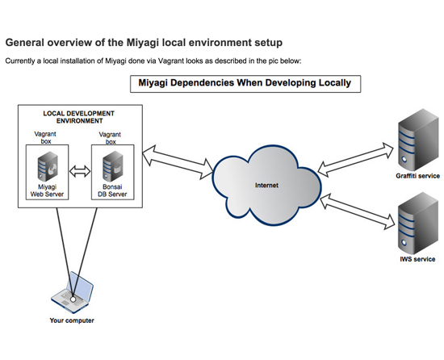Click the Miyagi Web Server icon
click(x=48, y=166)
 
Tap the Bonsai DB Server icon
click(x=113, y=166)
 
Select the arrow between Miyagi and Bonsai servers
click(x=80, y=171)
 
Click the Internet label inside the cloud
click(x=266, y=186)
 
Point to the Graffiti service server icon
click(x=418, y=140)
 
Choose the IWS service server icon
click(x=418, y=224)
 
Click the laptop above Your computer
click(x=72, y=293)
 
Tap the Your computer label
click(x=72, y=320)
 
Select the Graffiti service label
click(x=417, y=176)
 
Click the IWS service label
click(x=417, y=259)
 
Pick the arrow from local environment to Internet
click(x=178, y=162)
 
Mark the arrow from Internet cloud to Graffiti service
click(x=355, y=160)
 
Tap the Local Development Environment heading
click(x=79, y=117)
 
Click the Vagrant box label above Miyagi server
click(x=45, y=137)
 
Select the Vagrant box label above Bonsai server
click(x=110, y=138)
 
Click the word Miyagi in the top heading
click(x=142, y=43)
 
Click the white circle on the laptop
click(x=73, y=299)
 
